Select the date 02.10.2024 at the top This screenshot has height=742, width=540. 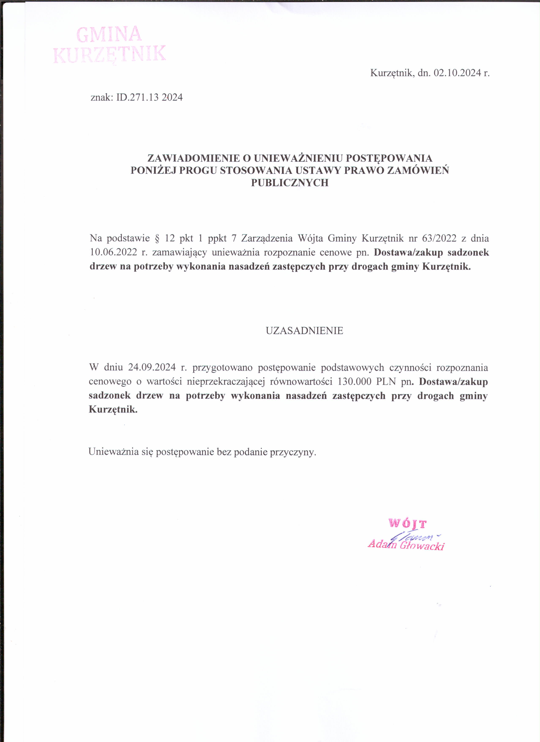coord(457,73)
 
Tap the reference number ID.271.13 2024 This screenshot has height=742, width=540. coord(150,97)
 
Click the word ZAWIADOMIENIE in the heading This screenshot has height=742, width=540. coord(194,158)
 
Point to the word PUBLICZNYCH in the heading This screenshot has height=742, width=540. coord(289,183)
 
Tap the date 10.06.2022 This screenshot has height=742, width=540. coord(113,252)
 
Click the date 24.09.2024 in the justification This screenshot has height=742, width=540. coord(152,367)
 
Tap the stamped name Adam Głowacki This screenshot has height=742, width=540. coord(406,545)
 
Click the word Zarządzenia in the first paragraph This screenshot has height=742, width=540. coord(267,238)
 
